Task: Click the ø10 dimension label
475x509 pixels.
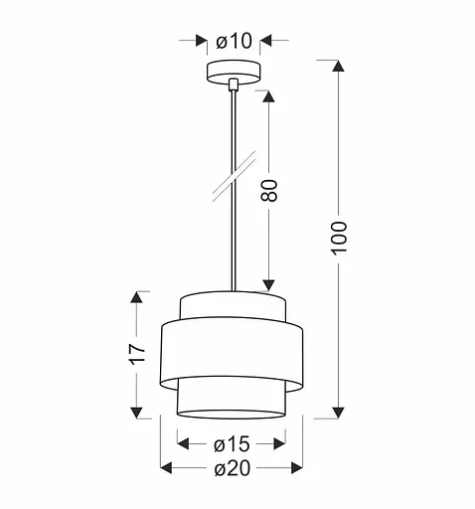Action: pyautogui.click(x=235, y=41)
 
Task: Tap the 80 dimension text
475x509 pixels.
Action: pyautogui.click(x=268, y=190)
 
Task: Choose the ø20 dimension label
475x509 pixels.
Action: pyautogui.click(x=233, y=468)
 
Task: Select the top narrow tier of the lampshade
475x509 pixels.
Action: pyautogui.click(x=233, y=304)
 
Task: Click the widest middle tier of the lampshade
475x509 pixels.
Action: pyautogui.click(x=233, y=348)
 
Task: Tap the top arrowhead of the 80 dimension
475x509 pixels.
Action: pyautogui.click(x=267, y=96)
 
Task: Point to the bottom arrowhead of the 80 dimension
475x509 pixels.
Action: pyautogui.click(x=267, y=283)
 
